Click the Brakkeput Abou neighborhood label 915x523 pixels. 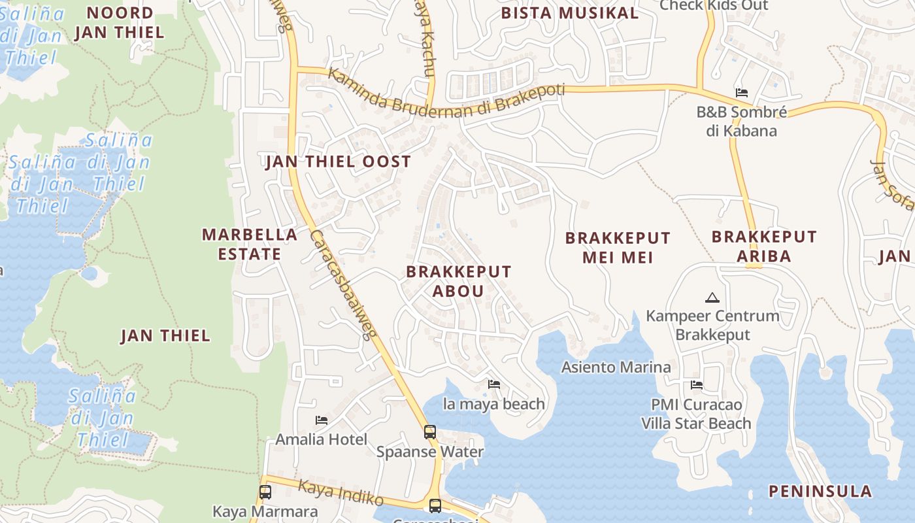coord(458,281)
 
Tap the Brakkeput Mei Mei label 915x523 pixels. coord(618,247)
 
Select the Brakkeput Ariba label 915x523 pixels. coord(764,246)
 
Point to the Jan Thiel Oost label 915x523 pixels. coord(338,161)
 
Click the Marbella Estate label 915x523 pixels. coord(250,244)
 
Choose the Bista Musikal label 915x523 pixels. coord(569,13)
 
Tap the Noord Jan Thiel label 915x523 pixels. coord(119,22)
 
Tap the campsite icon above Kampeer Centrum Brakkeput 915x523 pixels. coord(712,298)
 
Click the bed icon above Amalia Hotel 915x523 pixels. coord(321,420)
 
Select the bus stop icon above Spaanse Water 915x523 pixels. coord(429,431)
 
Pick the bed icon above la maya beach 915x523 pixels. coord(494,384)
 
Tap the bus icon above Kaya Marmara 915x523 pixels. coord(265,492)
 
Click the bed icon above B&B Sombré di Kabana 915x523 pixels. coord(741,93)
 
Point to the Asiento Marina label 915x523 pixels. coord(616,367)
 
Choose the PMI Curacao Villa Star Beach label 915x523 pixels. coord(696,414)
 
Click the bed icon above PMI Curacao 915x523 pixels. coord(697,385)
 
